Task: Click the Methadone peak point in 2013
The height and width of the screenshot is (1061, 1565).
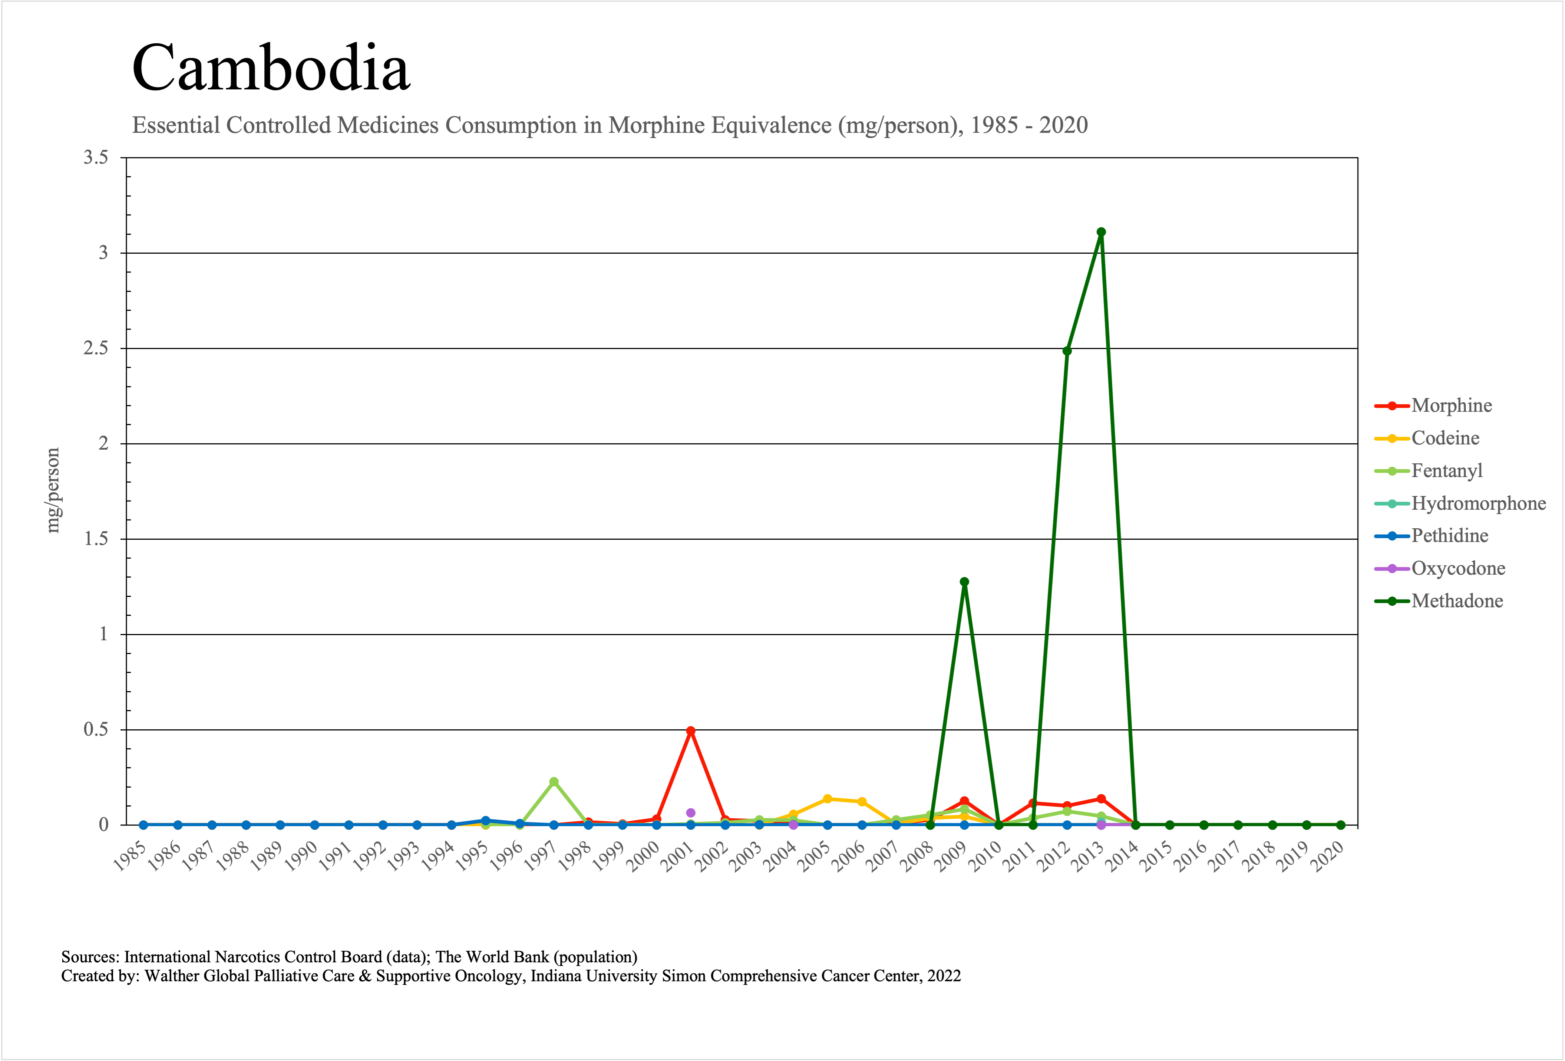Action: (x=1101, y=232)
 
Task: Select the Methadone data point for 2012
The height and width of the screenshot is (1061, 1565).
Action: (x=1067, y=351)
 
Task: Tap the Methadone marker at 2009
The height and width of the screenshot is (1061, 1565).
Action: (x=964, y=581)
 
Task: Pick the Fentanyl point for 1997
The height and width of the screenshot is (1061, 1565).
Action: (x=554, y=781)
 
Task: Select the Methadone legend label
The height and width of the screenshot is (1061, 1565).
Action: (x=1457, y=601)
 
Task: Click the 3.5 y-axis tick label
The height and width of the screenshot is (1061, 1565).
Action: (x=96, y=158)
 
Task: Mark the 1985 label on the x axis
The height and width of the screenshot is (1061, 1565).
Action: (x=130, y=856)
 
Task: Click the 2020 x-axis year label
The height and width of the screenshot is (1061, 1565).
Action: (x=1327, y=856)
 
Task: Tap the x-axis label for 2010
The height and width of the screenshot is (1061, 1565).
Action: (x=985, y=856)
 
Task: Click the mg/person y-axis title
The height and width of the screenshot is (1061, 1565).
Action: (x=53, y=490)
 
